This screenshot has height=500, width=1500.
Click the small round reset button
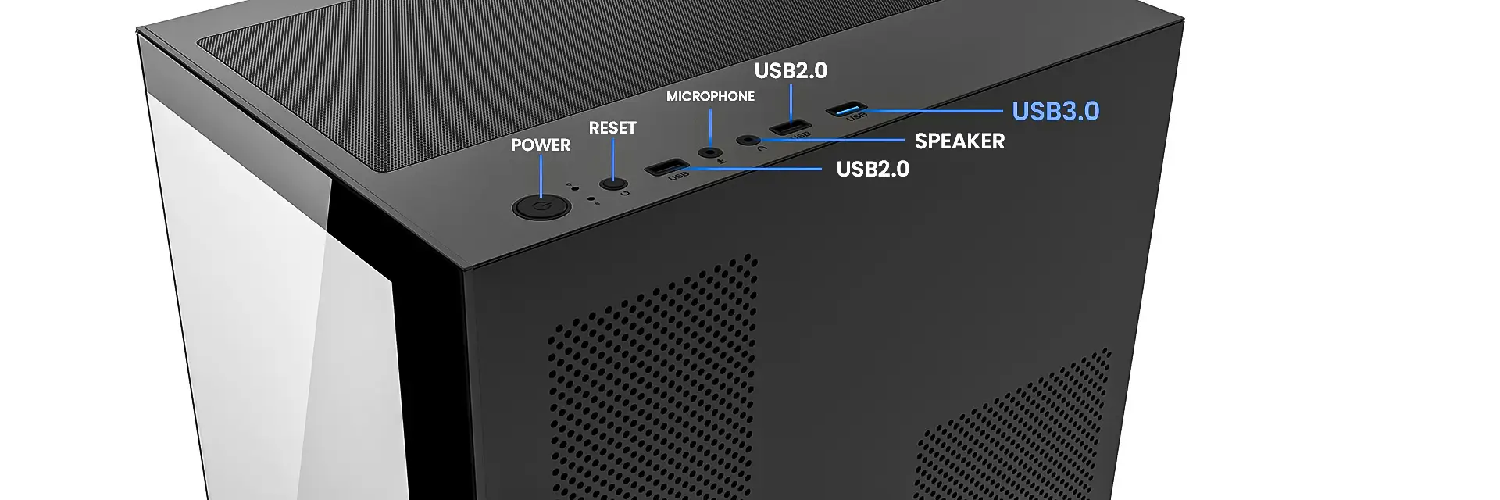[x=613, y=184]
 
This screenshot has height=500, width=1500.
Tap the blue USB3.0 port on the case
[x=848, y=108]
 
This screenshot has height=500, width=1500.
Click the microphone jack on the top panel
[x=709, y=152]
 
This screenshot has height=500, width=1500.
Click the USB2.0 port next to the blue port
[x=791, y=126]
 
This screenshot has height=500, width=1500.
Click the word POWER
[x=541, y=145]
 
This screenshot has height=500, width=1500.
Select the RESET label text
[x=612, y=128]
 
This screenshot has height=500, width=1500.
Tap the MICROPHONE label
[x=710, y=96]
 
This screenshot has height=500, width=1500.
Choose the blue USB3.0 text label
[x=1055, y=112]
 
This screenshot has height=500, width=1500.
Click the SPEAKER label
[x=959, y=141]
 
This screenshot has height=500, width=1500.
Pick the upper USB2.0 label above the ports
[x=791, y=70]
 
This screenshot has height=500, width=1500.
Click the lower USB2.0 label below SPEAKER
[x=873, y=170]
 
